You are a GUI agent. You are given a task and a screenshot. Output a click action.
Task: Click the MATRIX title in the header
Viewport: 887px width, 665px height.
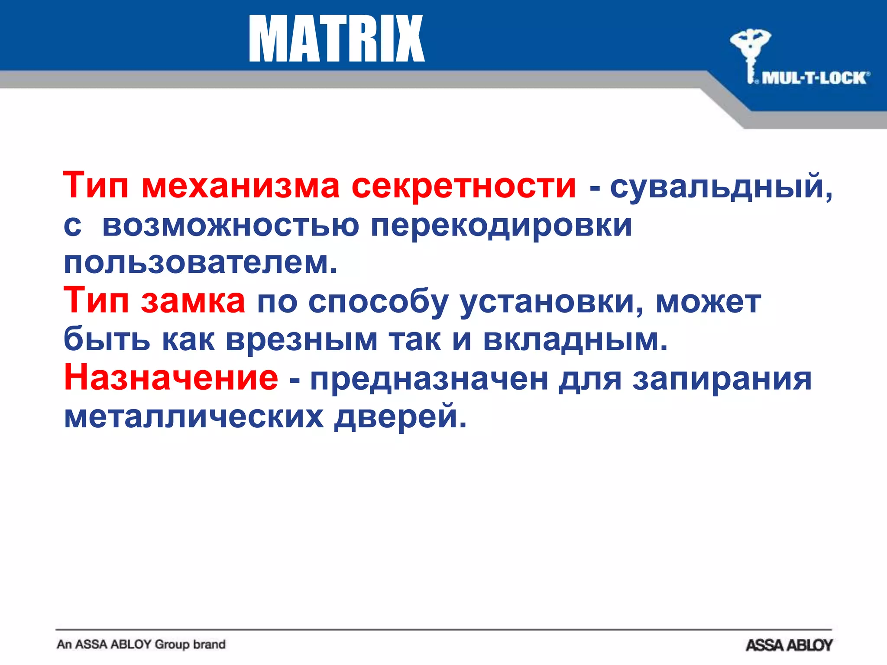click(x=337, y=39)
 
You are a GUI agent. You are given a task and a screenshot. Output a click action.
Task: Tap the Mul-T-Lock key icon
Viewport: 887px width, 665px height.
click(x=750, y=52)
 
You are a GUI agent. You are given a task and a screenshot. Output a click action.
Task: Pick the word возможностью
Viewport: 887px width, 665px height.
click(x=230, y=225)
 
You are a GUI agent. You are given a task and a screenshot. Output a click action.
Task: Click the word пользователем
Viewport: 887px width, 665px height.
click(x=200, y=263)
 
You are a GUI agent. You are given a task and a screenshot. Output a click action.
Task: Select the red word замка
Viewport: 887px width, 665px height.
click(x=193, y=301)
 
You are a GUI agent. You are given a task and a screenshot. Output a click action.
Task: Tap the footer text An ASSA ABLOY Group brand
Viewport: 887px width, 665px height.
click(x=141, y=644)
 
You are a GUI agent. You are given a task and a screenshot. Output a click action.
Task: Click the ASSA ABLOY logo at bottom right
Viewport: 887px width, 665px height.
click(x=789, y=645)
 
